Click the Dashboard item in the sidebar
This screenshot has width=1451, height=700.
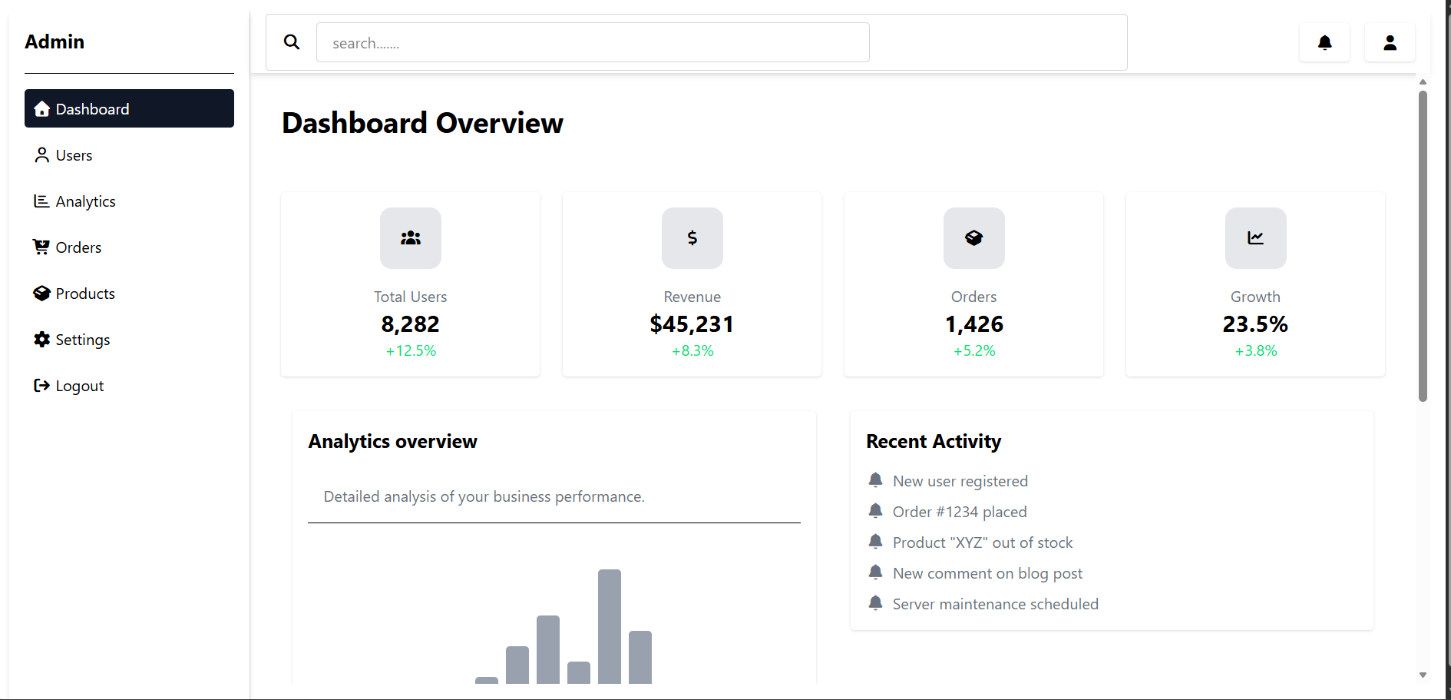point(128,108)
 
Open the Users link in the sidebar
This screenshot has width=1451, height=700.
point(74,155)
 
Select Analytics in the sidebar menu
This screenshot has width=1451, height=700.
point(85,201)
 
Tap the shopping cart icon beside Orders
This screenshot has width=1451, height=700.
point(41,247)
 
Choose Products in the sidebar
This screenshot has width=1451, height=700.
point(84,294)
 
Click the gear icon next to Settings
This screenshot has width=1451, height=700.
point(41,339)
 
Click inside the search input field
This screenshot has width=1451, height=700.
point(592,42)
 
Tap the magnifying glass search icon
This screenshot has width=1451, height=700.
point(292,42)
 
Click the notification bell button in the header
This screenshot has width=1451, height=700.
point(1324,42)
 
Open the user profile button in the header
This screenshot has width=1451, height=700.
point(1390,42)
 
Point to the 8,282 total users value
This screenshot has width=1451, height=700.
point(410,324)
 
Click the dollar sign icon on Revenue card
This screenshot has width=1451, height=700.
point(692,238)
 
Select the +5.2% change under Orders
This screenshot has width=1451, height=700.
point(973,351)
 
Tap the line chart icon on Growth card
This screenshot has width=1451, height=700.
point(1255,238)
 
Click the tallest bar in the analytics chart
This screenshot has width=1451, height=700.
point(609,626)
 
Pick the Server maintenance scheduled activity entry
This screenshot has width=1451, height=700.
point(995,604)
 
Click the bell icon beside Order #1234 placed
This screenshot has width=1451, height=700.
point(875,511)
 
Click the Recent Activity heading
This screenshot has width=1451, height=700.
point(934,441)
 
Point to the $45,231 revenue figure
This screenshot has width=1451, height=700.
point(692,324)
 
